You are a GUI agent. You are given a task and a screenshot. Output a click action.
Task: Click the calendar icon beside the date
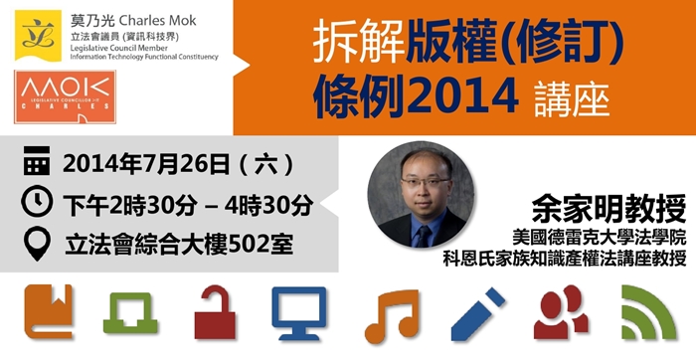coord(37,162)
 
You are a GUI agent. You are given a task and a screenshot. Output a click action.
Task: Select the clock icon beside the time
coord(37,202)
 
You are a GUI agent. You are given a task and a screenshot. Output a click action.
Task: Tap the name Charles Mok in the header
coord(163,17)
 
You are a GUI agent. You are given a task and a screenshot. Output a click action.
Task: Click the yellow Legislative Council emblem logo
coord(37,31)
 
